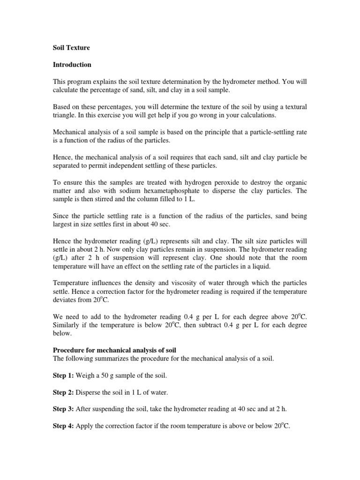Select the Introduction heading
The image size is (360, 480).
[72, 64]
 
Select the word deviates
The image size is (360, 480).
[64, 300]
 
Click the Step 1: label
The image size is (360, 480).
[63, 376]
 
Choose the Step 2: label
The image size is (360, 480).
[63, 393]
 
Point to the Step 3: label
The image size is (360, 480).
[63, 409]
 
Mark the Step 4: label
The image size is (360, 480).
[63, 426]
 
